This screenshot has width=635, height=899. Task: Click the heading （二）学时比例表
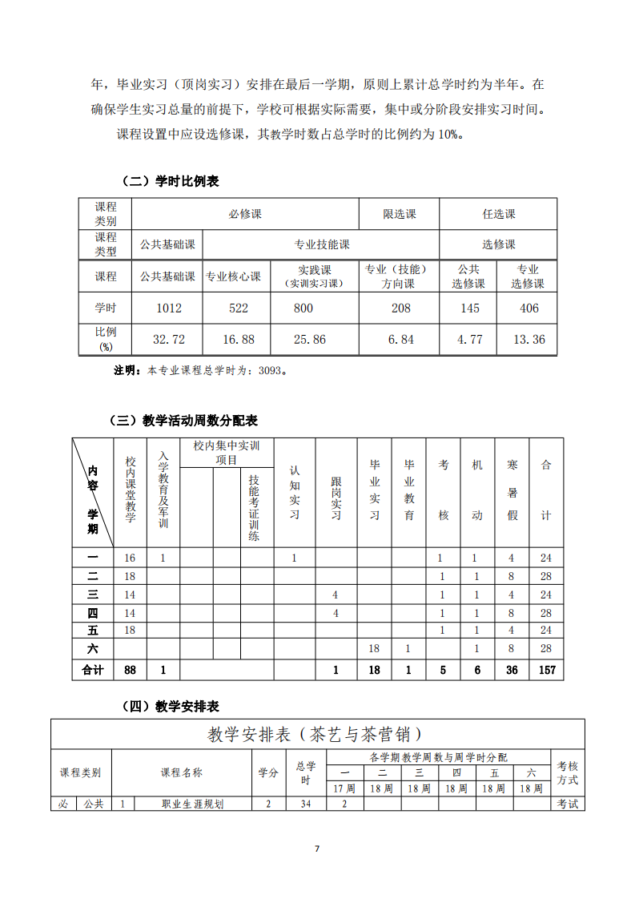169,181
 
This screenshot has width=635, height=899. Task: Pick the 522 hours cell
238,308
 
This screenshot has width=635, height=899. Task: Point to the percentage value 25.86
309,340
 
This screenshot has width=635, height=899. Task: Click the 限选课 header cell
400,214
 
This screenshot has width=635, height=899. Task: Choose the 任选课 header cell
498,214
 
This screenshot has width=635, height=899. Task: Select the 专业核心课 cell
233,276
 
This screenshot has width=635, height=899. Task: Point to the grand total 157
546,670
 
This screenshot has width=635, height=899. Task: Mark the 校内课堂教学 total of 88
130,670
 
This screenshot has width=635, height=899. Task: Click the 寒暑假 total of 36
512,670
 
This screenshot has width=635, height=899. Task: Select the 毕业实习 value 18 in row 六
373,648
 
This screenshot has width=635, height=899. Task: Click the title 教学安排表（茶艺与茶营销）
315,734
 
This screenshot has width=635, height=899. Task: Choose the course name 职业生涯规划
192,804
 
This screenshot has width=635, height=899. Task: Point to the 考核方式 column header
567,773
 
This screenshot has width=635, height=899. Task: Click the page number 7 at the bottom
317,848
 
